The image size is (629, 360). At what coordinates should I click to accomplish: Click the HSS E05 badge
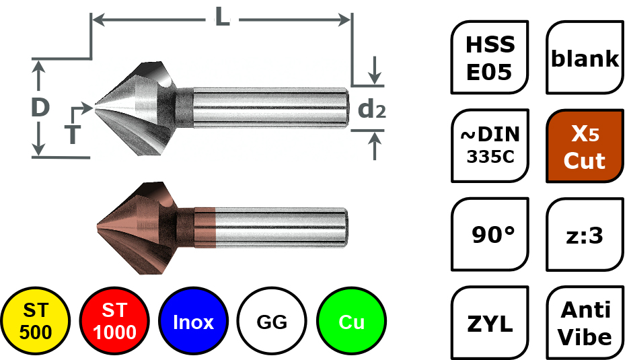(x=490, y=57)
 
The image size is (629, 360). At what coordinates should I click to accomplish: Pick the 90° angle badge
(x=490, y=235)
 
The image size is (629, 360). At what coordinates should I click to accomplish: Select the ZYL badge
(x=490, y=324)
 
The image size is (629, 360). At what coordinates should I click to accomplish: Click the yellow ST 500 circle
(x=35, y=322)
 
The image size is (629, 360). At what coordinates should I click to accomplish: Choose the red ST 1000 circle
(x=114, y=322)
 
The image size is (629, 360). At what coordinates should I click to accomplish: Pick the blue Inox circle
(x=193, y=322)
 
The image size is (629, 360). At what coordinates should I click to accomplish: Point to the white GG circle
(x=272, y=322)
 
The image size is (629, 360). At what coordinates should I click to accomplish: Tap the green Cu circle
(x=351, y=322)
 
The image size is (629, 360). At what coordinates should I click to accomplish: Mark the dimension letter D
(x=40, y=108)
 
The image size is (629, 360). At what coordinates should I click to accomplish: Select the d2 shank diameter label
(x=371, y=108)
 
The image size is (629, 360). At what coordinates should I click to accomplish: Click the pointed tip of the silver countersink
(x=96, y=106)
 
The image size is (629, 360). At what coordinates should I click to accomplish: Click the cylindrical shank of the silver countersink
(x=269, y=106)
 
